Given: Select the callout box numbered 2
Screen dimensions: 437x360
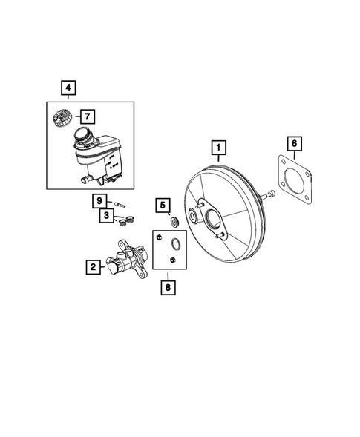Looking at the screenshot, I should tap(93, 265).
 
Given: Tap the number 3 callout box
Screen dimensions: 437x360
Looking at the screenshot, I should tap(107, 215).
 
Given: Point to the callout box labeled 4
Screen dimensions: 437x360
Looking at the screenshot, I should tap(68, 89).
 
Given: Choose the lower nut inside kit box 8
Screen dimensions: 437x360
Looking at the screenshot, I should tap(173, 260).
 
